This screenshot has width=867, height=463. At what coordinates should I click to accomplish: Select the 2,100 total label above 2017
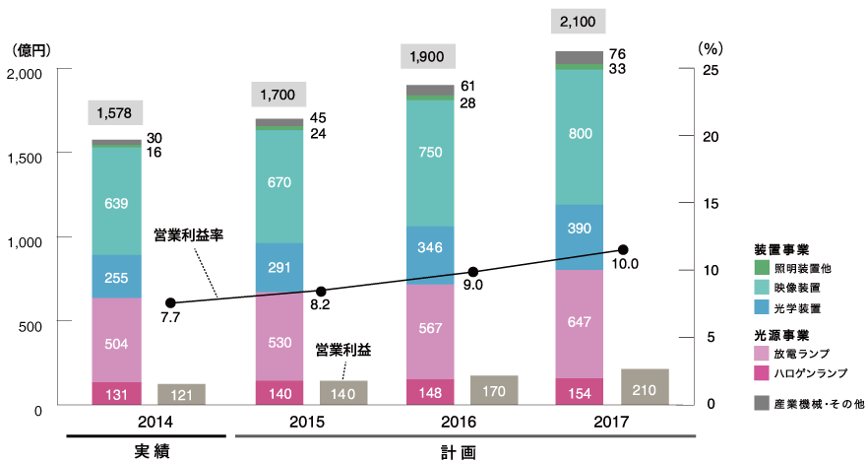coord(580,22)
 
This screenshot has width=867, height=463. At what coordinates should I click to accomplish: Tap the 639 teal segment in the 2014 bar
coord(116,203)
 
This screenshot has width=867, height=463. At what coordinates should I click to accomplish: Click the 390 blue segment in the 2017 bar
coord(580,228)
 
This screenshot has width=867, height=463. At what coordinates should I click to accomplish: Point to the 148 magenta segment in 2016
coord(430,392)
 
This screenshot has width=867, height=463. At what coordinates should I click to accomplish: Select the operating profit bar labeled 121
coord(181,394)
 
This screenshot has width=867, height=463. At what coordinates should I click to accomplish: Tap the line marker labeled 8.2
coord(321,292)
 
